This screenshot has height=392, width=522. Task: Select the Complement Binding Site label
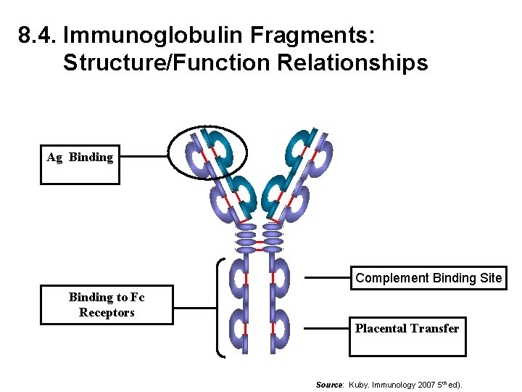428,278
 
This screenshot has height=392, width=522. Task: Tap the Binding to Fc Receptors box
107,305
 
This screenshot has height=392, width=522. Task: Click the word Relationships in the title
358,63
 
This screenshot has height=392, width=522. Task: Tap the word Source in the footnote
329,384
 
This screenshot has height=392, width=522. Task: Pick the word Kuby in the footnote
361,384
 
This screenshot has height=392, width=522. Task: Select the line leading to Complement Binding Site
327,277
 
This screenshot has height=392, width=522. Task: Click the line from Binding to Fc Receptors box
194,308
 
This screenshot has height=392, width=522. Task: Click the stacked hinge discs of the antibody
259,237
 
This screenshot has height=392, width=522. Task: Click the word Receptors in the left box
107,313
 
